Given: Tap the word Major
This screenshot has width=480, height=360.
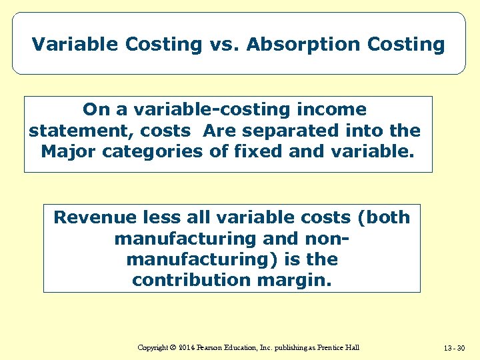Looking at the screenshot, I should click(x=69, y=151).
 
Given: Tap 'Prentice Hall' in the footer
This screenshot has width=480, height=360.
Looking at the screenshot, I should click(x=338, y=347).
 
